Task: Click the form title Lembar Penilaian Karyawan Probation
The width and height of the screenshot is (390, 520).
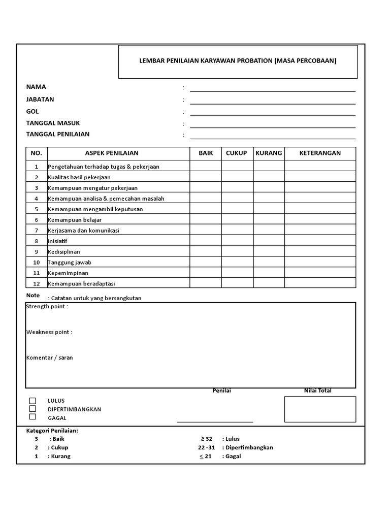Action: pyautogui.click(x=238, y=61)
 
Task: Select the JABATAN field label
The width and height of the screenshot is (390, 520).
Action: pyautogui.click(x=40, y=100)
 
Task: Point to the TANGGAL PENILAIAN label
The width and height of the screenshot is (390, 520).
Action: pyautogui.click(x=58, y=135)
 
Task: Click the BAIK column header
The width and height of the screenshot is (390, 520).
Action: pyautogui.click(x=206, y=153)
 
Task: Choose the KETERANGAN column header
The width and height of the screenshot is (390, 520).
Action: pyautogui.click(x=320, y=153)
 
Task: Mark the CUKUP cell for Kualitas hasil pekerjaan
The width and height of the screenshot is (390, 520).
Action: pyautogui.click(x=238, y=177)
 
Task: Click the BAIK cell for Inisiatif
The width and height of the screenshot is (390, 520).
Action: pyautogui.click(x=206, y=241)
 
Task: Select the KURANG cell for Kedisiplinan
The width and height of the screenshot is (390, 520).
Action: pyautogui.click(x=269, y=252)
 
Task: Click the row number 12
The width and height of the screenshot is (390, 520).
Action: pyautogui.click(x=37, y=284)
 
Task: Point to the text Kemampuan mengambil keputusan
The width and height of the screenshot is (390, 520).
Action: pyautogui.click(x=95, y=209)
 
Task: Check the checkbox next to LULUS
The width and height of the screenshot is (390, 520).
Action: pyautogui.click(x=32, y=401)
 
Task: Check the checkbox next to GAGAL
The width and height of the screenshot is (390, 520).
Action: pyautogui.click(x=32, y=417)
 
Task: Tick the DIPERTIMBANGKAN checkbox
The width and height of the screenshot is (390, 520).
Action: pyautogui.click(x=32, y=409)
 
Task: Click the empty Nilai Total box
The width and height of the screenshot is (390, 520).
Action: pyautogui.click(x=320, y=409)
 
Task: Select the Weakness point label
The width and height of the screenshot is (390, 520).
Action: pyautogui.click(x=49, y=332)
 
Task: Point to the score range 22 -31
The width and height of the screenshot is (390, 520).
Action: pyautogui.click(x=207, y=448)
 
